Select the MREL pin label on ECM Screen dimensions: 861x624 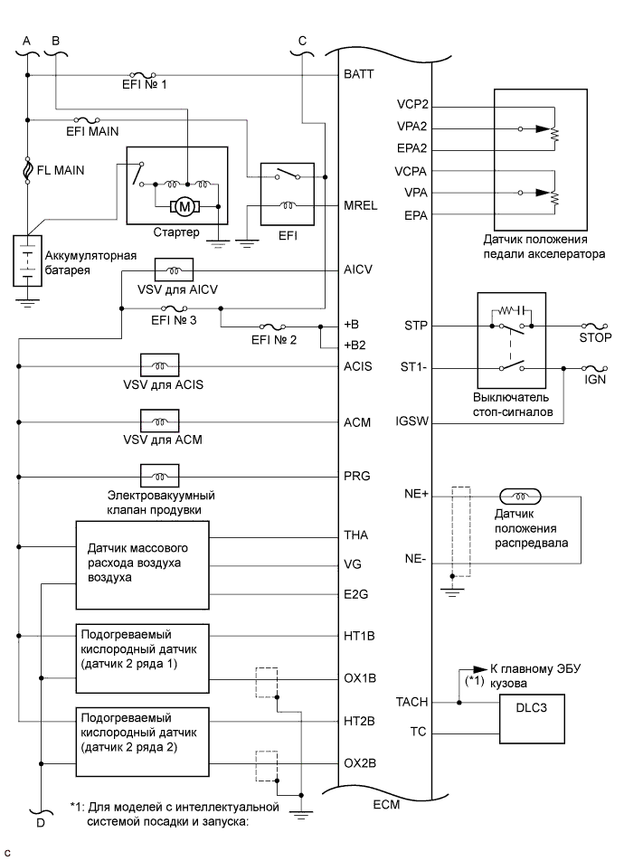point(361,205)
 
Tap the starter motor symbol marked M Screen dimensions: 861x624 point(186,207)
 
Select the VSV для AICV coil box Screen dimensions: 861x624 point(173,270)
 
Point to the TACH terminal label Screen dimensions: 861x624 point(411,702)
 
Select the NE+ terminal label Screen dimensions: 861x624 point(415,495)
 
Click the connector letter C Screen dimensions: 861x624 point(302,41)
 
